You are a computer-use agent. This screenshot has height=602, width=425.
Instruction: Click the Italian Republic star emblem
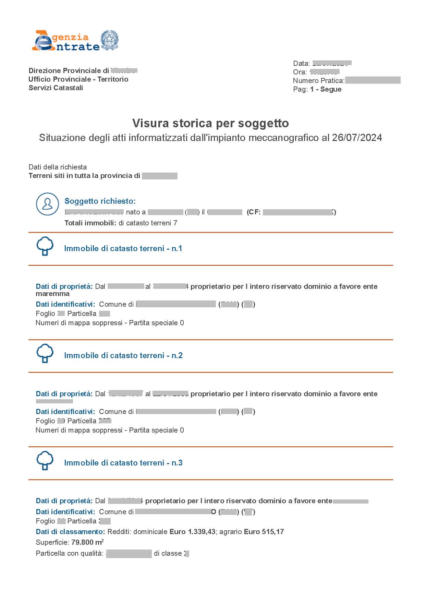tap(109, 40)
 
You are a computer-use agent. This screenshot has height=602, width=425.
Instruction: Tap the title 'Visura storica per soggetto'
tap(210, 123)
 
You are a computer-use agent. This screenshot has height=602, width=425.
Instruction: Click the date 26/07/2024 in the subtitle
tap(357, 138)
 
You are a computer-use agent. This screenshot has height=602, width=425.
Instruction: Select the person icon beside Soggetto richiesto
tap(47, 204)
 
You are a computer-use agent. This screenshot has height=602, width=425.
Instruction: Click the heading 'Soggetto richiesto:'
tap(100, 201)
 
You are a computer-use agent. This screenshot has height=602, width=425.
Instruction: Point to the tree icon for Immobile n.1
tap(45, 246)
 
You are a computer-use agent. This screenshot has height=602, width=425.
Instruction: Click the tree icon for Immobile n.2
tap(45, 353)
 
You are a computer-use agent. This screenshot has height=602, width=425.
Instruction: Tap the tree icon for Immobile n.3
tap(45, 461)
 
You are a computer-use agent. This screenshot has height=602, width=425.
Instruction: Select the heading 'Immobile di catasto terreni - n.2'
tap(123, 355)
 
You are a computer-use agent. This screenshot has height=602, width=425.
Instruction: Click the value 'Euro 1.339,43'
tap(192, 532)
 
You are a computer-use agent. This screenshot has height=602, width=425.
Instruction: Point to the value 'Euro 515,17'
tap(264, 532)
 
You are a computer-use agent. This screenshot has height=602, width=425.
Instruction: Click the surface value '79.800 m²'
tap(87, 542)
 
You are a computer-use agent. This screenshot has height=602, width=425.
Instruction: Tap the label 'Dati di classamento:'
tap(70, 532)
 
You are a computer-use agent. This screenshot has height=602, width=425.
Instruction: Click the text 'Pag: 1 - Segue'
tap(317, 89)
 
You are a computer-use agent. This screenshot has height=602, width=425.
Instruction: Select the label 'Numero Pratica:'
tap(318, 81)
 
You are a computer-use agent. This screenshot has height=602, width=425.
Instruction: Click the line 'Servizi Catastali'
tap(56, 88)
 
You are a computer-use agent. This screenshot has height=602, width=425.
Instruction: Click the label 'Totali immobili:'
tap(90, 223)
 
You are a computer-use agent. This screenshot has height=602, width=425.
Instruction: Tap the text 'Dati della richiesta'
tap(58, 167)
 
